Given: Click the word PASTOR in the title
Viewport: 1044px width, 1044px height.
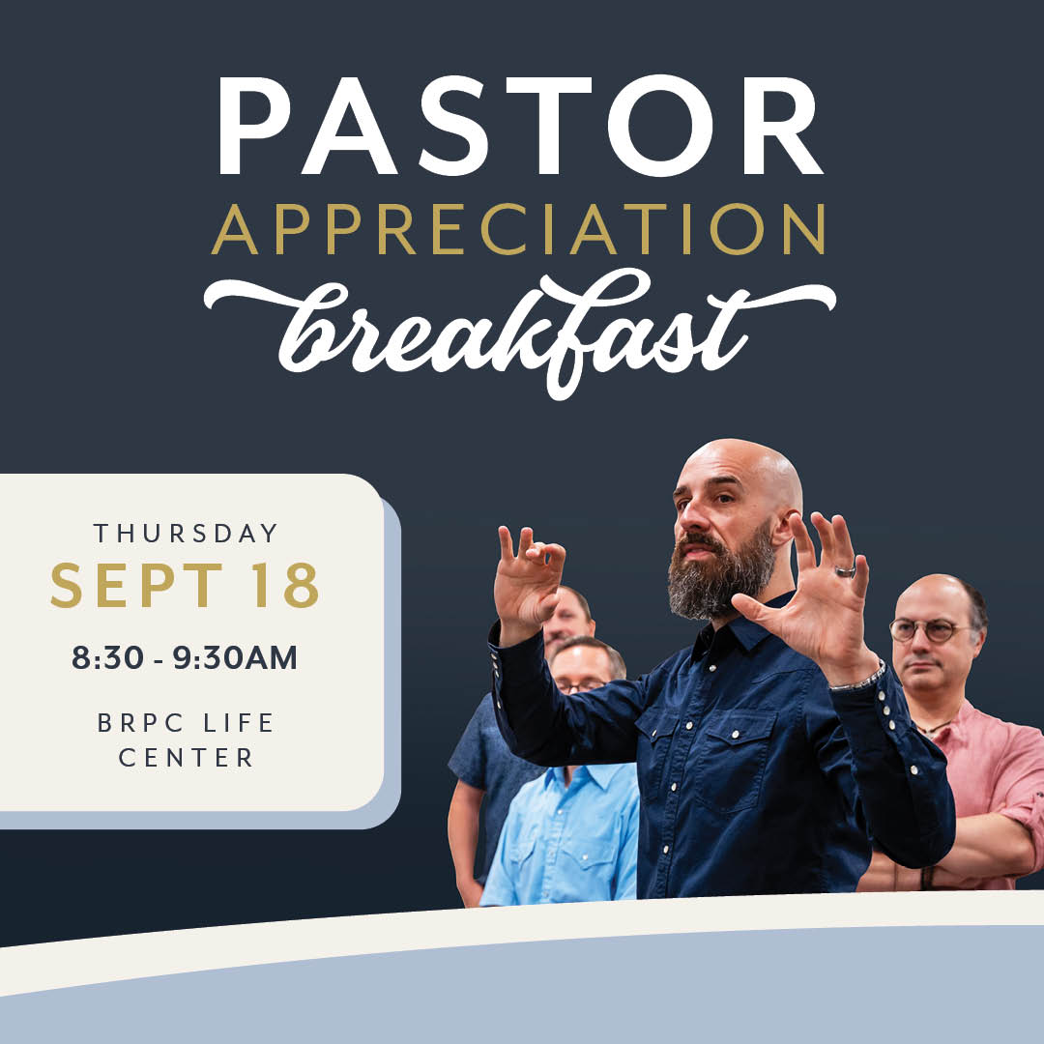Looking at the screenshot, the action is click(x=520, y=125).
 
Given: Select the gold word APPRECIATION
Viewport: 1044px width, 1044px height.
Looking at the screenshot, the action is click(x=519, y=229).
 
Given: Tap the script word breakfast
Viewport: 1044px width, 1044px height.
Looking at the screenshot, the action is click(x=519, y=333).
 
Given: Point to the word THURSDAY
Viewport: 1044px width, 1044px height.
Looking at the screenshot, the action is click(x=186, y=534).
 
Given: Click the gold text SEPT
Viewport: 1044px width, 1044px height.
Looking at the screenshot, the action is click(x=136, y=585).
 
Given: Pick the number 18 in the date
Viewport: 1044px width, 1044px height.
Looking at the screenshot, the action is click(x=287, y=585).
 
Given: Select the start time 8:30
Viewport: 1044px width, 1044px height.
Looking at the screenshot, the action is click(x=107, y=658).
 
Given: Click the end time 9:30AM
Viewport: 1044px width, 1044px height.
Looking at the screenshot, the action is click(x=235, y=658).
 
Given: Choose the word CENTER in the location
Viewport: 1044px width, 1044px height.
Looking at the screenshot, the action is click(x=187, y=758).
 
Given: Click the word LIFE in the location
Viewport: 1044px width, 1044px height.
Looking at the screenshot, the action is click(x=239, y=723).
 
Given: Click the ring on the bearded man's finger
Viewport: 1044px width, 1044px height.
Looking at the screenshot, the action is click(x=845, y=571).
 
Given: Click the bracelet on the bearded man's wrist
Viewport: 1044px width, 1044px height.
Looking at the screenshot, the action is click(x=859, y=678).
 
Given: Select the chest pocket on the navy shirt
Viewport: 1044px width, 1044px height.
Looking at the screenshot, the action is click(x=736, y=759).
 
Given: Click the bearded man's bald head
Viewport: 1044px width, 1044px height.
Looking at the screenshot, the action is click(x=742, y=466).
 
